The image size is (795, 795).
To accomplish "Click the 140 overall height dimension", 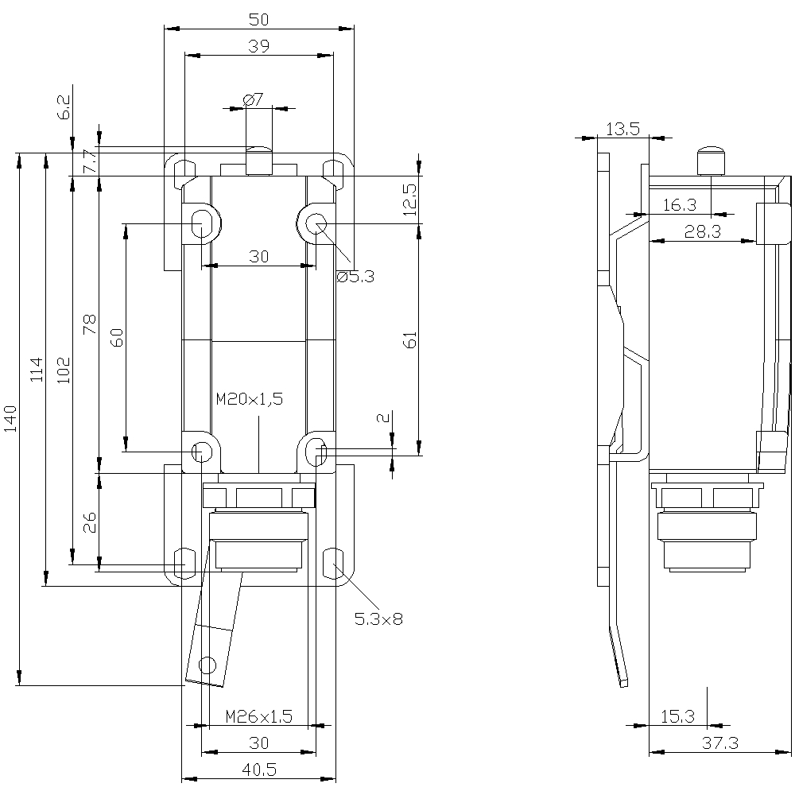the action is pos(10,418).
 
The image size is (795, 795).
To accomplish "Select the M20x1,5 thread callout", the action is pos(250,399).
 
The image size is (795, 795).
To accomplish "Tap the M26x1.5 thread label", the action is pos(259,716).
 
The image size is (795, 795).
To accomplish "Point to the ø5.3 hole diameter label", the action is pos(355,277).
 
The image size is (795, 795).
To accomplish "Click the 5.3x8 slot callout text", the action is pos(378,619).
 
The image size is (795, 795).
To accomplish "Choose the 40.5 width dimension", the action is pos(259,770).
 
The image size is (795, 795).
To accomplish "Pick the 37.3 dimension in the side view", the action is pos(720,743).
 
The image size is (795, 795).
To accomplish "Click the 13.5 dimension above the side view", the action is pos(622,129).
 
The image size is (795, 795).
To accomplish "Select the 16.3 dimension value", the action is pos(680,205).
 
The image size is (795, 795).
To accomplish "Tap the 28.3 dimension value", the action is pos(702,231).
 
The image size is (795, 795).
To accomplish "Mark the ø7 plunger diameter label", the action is pos(253,99).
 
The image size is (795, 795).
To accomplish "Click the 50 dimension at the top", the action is pos(258,19).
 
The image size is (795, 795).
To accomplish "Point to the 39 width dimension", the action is pos(258,46).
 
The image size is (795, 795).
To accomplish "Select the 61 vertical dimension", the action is pos(411,339).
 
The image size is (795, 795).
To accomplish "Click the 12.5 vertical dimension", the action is pos(410,200).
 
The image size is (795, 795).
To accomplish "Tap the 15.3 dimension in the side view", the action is pos(677,716).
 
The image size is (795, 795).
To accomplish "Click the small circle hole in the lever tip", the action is pos(207,664).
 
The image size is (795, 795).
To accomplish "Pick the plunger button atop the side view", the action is pos(710,161).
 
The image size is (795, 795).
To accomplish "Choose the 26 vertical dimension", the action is pos(89,522).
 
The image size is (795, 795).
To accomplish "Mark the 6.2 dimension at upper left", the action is pos(65,107).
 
